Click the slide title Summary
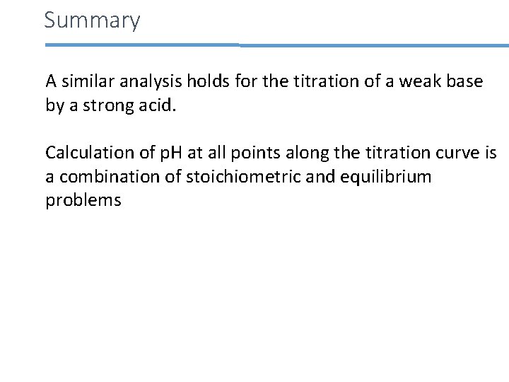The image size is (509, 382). tap(92, 20)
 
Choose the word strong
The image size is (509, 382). tap(97, 106)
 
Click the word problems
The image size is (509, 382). tap(83, 201)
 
